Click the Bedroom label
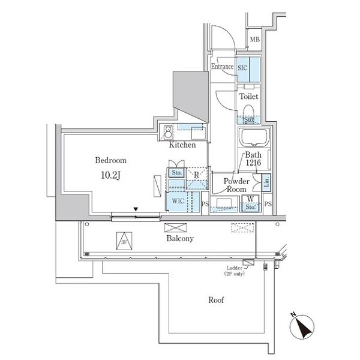coord(110,161)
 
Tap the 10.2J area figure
coord(110,176)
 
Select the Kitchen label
coord(182,145)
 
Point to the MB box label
coord(255,40)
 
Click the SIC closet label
coord(243,68)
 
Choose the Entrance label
coord(221,67)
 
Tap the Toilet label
coord(248,96)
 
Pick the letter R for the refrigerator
coord(196,174)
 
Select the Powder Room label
coord(236,185)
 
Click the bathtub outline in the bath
coord(256,138)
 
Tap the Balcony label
coord(179,238)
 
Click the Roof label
coord(216,300)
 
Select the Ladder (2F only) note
coord(235,270)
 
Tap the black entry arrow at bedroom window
coord(136,209)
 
